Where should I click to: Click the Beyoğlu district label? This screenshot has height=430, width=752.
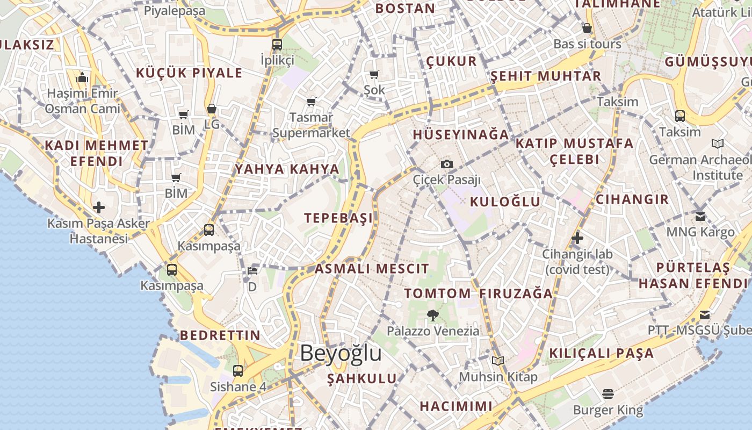341,353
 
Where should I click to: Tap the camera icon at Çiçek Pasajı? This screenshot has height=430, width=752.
446,164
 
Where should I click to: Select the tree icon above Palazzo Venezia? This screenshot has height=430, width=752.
432,315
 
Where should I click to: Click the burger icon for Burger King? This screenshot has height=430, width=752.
608,394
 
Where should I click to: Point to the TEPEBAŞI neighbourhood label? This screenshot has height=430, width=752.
338,218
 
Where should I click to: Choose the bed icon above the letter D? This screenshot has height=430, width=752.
252,270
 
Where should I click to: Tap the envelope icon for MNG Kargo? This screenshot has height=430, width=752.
700,216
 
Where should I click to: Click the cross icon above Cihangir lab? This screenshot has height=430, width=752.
577,238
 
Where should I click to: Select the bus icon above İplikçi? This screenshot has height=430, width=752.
277,44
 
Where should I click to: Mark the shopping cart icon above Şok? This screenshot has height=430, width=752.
374,74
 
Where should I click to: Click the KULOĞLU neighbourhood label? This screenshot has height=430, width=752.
505,202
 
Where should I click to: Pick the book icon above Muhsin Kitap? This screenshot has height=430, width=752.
498,361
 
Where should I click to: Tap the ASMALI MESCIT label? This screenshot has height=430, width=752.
372,268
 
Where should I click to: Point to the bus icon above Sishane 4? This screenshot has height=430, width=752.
238,370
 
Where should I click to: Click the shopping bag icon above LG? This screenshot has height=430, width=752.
212,109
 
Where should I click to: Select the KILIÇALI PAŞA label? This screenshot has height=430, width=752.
601,353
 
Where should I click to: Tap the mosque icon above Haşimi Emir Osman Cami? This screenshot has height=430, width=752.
82,78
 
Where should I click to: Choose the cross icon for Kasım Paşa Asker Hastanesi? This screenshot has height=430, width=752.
99,207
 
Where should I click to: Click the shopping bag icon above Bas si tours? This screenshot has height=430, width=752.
587,28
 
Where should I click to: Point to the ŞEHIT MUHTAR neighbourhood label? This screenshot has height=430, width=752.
546,76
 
